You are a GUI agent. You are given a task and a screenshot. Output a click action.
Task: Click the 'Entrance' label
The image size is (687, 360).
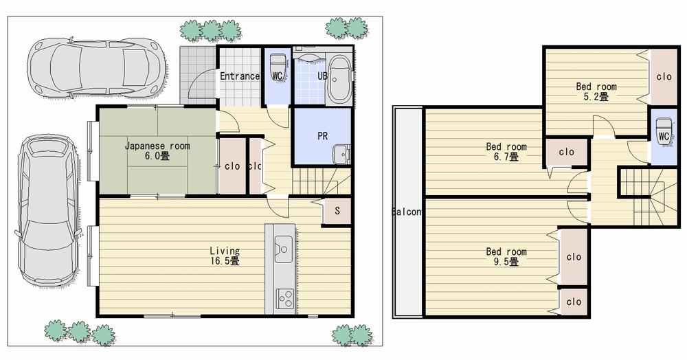coord(240,76)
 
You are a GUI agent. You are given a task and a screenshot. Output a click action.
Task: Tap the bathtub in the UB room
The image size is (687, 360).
coord(337,80)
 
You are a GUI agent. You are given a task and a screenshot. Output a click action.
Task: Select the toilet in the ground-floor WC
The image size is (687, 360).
coord(278,67)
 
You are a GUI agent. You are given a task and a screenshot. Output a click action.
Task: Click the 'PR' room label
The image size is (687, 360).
coord(322,136)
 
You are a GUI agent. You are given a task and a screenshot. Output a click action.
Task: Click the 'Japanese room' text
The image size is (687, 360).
coord(157,146)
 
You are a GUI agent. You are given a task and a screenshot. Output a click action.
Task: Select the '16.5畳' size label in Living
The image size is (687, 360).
coord(225,261)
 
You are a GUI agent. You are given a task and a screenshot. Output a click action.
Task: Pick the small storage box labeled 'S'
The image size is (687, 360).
coord(337,211)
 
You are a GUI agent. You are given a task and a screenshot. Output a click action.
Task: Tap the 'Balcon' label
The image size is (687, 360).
coord(406,212)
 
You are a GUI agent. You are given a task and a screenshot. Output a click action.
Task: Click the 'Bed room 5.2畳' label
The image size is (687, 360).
coord(596,91)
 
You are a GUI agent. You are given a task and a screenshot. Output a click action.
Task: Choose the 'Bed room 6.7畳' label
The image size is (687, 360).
coord(506,151)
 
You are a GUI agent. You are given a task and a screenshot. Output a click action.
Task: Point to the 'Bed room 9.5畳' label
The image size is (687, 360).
coord(506,256)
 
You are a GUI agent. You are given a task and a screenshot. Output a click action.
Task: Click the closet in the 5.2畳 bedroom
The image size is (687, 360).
coord(663,76)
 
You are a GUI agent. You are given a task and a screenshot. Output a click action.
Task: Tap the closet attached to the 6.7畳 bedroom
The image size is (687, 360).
coord(567,152)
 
